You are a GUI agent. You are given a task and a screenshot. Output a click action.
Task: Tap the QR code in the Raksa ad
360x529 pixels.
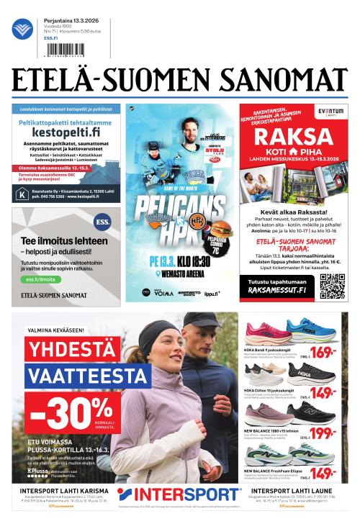333,286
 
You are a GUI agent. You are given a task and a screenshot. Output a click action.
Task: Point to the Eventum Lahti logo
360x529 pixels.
330,113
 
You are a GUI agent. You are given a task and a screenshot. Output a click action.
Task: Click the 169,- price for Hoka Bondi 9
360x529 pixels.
323,353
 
